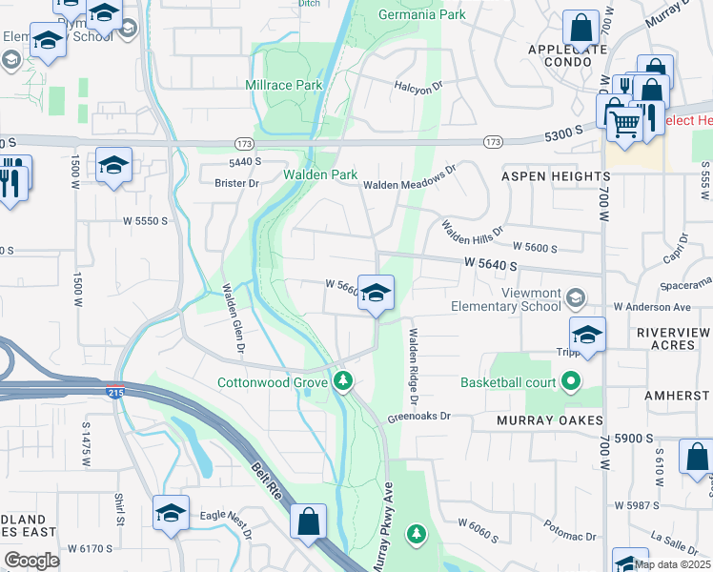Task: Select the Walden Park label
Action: coord(319,175)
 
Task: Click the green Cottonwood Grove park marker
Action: coord(344,382)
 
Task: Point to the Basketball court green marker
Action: coord(571,382)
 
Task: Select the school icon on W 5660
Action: coord(377,294)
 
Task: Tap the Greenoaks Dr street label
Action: coord(418,417)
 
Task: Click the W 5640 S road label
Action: coord(491,264)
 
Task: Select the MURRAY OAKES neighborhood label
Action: coord(550,420)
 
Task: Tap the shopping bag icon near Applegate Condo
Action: coord(580,29)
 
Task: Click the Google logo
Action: coord(31,561)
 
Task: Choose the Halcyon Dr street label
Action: coord(419,86)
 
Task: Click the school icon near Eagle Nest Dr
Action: coord(171,513)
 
